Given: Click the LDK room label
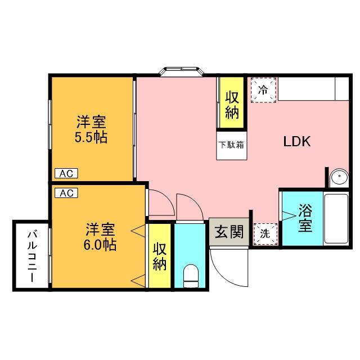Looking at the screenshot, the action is (297, 141).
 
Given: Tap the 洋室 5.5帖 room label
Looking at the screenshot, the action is (91, 130).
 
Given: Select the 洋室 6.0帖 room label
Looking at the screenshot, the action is (100, 237).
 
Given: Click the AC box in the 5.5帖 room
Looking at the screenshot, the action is (66, 174).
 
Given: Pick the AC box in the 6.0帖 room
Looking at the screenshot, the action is (66, 193).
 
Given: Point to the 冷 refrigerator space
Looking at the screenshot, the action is (263, 90).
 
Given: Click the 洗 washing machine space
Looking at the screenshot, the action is (265, 234).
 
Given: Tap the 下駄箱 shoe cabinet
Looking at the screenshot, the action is (231, 145).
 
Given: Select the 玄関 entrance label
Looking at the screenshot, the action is (229, 232).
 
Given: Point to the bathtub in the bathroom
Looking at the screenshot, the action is (336, 219).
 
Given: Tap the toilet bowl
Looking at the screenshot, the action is (191, 276).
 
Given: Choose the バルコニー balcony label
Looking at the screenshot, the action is (32, 256).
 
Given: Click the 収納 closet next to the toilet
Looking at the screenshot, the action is (160, 256).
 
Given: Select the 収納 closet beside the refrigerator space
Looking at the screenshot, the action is (232, 102).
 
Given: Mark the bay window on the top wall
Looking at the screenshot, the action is (182, 71).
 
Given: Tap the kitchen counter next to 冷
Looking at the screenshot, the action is (313, 89).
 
